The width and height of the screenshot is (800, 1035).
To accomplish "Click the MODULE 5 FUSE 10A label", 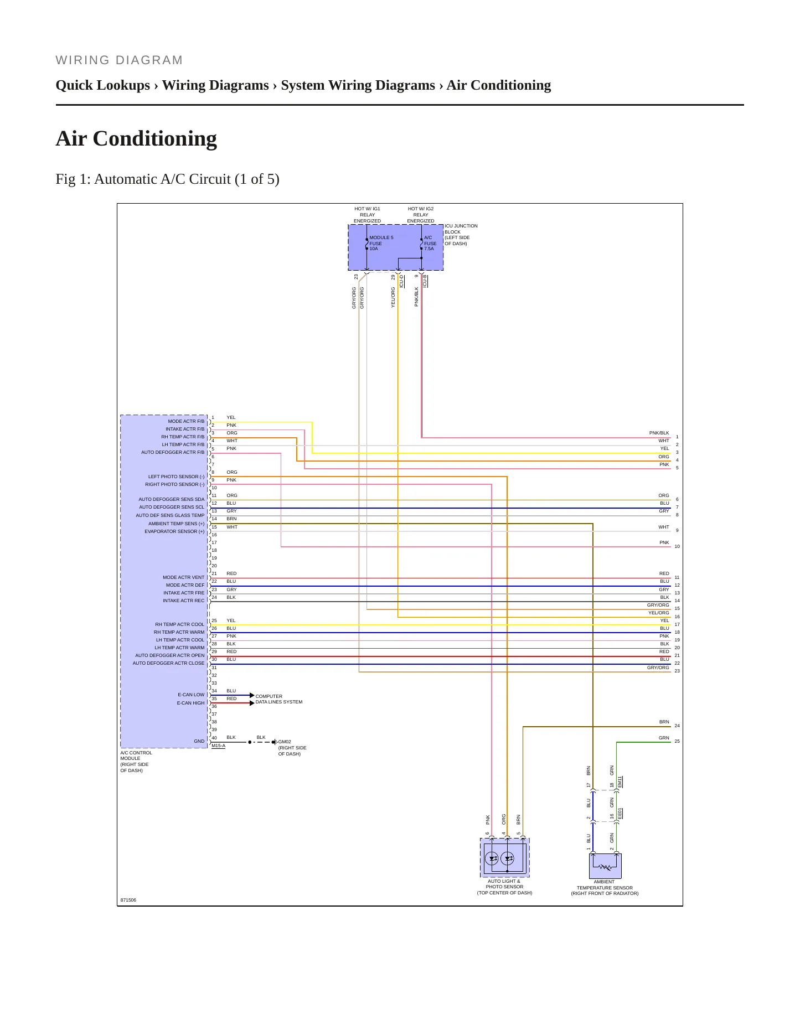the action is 381,243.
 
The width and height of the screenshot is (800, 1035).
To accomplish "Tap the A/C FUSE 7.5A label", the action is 430,243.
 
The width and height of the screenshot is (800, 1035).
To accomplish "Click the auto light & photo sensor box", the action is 504,857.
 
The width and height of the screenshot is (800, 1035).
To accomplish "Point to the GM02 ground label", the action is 285,742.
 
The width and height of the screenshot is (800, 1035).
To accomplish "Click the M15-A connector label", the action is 218,746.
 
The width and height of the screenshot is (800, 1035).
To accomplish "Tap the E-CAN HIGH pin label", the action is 190,703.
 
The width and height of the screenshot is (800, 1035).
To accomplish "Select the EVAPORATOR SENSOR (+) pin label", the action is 174,531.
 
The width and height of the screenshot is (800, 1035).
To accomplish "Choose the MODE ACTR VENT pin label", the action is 183,577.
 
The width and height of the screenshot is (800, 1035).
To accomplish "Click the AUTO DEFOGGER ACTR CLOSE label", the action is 168,663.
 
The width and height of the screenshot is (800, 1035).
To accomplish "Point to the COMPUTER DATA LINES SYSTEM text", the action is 279,699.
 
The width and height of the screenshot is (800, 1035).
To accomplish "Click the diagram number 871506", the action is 128,900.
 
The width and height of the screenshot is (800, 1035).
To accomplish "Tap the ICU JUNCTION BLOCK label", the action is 461,235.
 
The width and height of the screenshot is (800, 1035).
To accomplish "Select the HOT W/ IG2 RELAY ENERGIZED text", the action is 421,215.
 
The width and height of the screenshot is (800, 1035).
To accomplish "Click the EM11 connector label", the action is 620,782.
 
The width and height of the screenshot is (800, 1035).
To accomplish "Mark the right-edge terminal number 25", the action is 677,741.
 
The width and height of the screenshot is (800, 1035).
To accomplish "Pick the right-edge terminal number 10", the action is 677,546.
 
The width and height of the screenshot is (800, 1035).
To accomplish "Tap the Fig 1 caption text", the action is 167,179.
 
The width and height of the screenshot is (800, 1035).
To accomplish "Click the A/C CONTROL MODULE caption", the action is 136,762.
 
